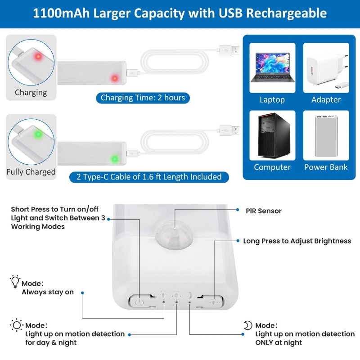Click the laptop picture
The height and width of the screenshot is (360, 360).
[x=272, y=67]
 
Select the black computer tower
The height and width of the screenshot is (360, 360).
[x=272, y=135]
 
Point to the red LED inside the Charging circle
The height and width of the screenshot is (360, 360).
[x=38, y=57]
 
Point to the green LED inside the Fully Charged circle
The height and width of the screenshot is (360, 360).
[x=38, y=134]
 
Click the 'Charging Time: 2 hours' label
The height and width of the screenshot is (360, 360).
[x=143, y=98]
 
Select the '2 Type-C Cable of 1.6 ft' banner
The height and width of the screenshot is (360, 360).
[x=149, y=177]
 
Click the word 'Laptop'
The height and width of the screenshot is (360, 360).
[x=272, y=100]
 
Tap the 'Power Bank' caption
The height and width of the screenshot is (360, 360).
[x=326, y=167]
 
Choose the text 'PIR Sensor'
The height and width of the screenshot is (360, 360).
[x=264, y=211]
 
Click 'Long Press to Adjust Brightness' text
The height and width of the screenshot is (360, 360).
[x=297, y=241]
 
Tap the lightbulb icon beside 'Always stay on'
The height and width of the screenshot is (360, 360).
[x=15, y=283]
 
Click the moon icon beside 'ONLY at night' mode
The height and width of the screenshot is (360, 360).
[x=248, y=325]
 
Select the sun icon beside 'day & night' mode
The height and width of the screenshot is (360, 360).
[x=17, y=325]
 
